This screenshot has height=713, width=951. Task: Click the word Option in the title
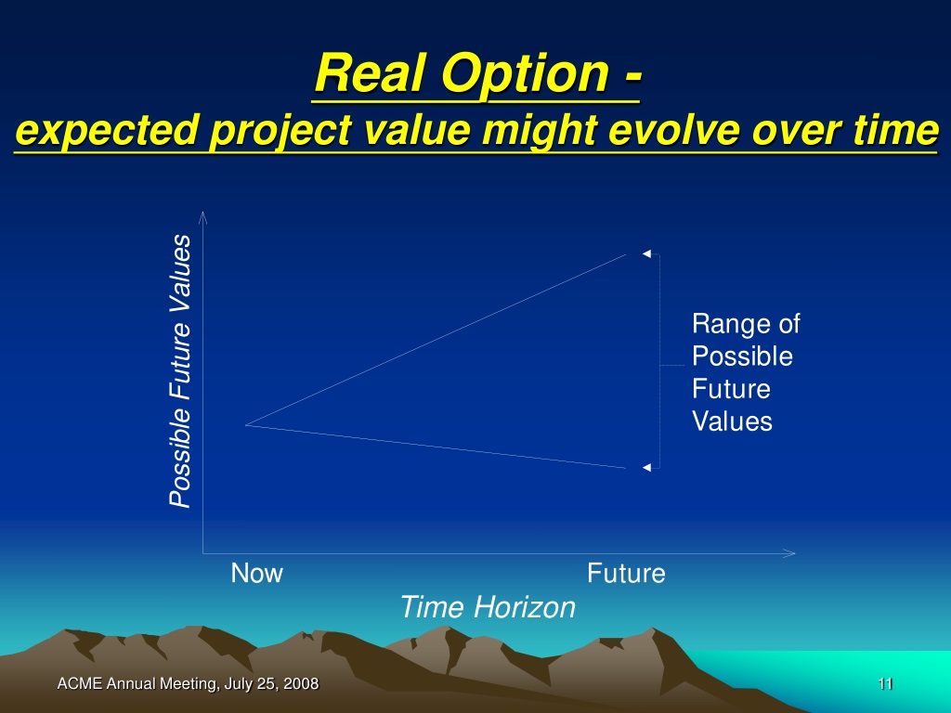tap(525, 75)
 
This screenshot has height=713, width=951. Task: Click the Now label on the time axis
tap(256, 573)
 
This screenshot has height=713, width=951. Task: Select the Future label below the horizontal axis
tap(626, 573)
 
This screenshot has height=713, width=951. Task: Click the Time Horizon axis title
tap(488, 607)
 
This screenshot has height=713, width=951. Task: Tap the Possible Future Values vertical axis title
tap(180, 371)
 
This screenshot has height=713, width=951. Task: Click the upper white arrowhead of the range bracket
tap(646, 253)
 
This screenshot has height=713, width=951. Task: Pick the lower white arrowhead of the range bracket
tap(646, 468)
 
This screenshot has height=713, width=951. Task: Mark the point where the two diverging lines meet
tap(245, 425)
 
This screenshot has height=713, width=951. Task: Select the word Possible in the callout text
tap(742, 356)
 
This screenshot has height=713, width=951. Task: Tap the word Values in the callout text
tap(732, 421)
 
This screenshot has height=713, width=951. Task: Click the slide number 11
tap(885, 684)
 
